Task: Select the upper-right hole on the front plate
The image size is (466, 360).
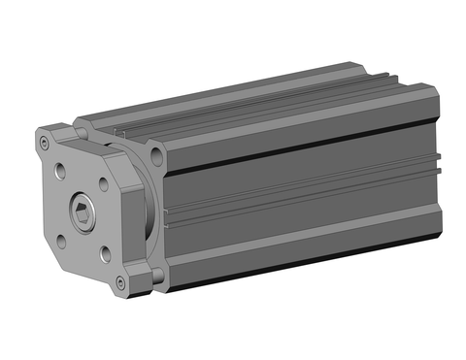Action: point(104,180)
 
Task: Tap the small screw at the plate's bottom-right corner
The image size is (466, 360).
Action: point(119,282)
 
